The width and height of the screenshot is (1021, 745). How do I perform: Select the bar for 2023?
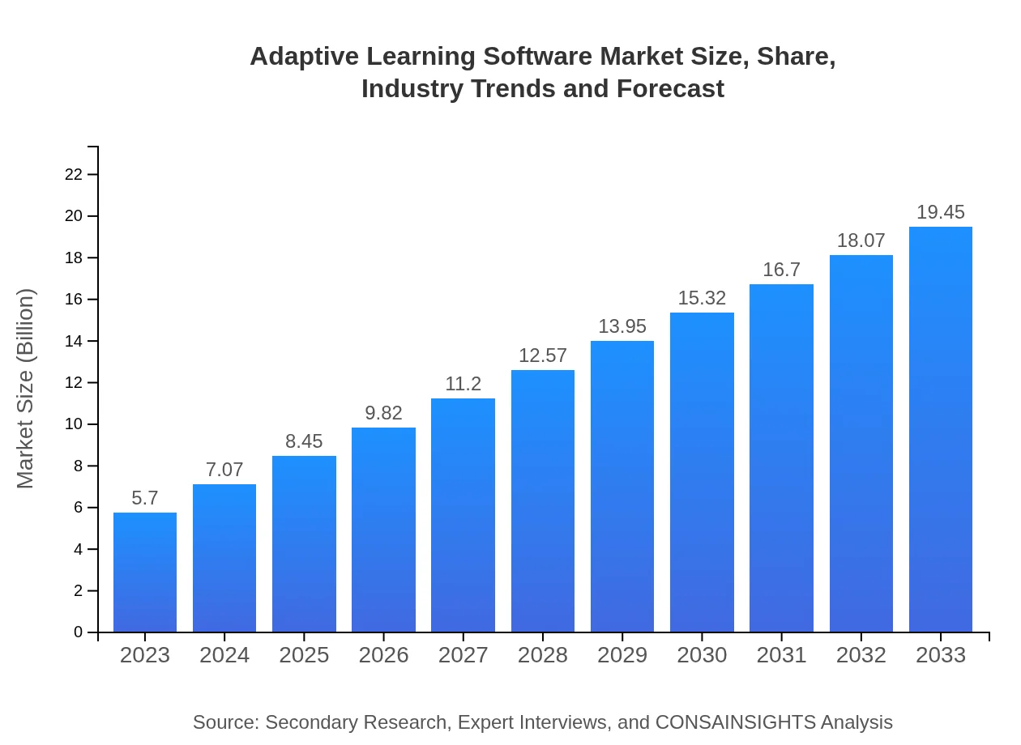pyautogui.click(x=145, y=572)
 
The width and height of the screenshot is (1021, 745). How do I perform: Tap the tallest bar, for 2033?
pyautogui.click(x=941, y=429)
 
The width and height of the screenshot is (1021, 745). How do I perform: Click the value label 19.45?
pyautogui.click(x=941, y=213)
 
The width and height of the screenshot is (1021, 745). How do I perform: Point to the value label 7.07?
pyautogui.click(x=224, y=470)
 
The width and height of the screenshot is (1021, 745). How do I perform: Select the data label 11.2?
pyautogui.click(x=464, y=384)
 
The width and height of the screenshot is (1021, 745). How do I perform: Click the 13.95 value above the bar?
pyautogui.click(x=622, y=327)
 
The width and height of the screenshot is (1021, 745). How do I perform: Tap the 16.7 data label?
pyautogui.click(x=781, y=270)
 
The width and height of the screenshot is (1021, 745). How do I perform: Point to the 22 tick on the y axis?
pyautogui.click(x=74, y=175)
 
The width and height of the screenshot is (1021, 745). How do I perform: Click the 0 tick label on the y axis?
pyautogui.click(x=79, y=632)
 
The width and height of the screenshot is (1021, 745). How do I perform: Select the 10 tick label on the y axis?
pyautogui.click(x=74, y=424)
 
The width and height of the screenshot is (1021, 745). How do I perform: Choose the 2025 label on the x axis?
pyautogui.click(x=304, y=655)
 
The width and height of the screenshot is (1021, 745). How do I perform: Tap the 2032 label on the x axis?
pyautogui.click(x=861, y=655)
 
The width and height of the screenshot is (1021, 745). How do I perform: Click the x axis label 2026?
pyautogui.click(x=383, y=655)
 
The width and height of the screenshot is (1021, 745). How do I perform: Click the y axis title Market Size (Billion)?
pyautogui.click(x=26, y=389)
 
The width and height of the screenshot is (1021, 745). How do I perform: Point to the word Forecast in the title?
pyautogui.click(x=670, y=88)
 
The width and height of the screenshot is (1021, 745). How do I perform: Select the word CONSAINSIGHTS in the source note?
pyautogui.click(x=735, y=722)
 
